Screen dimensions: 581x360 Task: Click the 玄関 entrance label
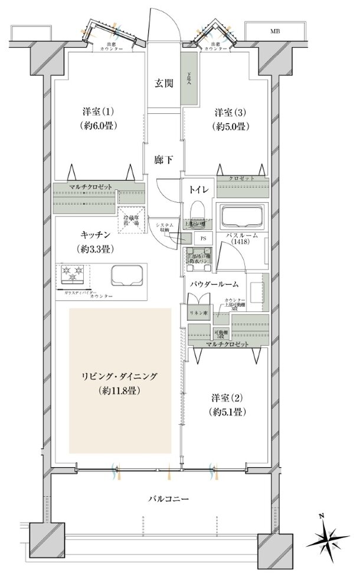pyautogui.click(x=164, y=83)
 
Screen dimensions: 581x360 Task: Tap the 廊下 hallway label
pyautogui.click(x=163, y=159)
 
